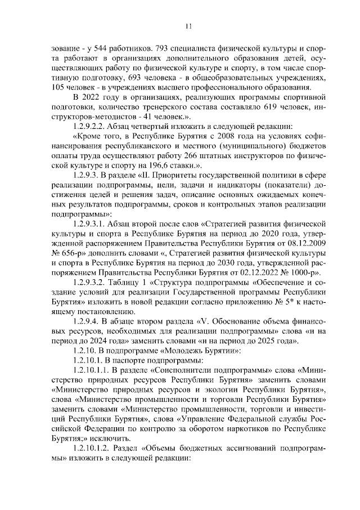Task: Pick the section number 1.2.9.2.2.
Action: coord(92,125)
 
